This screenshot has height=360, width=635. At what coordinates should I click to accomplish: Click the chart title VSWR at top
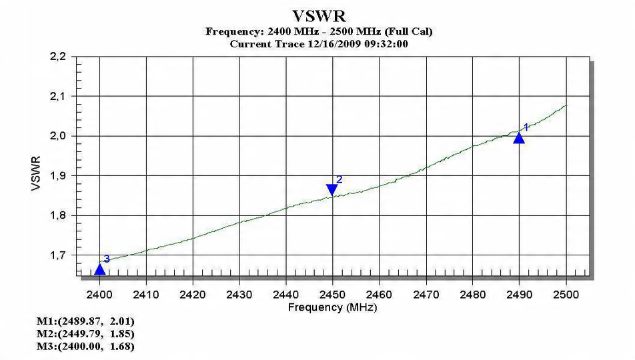[319, 16]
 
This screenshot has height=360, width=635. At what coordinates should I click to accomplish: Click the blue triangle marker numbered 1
[519, 137]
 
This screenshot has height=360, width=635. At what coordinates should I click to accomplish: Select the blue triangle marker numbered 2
[332, 190]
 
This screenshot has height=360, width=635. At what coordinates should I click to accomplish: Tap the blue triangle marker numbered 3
[100, 269]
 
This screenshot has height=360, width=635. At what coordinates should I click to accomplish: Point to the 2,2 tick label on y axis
[58, 57]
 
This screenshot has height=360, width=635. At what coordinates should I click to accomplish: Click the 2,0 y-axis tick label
[58, 136]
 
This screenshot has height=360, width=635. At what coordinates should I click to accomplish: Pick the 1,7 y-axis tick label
[58, 255]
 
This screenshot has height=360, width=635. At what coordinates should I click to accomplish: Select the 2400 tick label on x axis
[99, 294]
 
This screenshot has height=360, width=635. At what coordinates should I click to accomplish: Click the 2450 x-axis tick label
[332, 294]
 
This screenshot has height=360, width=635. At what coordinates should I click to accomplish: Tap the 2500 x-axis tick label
[566, 294]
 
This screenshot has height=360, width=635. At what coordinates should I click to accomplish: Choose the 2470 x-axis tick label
[426, 294]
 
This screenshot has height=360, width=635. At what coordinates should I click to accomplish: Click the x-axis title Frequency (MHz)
[332, 307]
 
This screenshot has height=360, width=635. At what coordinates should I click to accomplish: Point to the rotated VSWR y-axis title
[37, 175]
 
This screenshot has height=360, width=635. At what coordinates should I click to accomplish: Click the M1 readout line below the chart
[80, 322]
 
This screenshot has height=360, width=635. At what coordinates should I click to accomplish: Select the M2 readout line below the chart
[80, 333]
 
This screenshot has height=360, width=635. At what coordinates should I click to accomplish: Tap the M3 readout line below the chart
[80, 345]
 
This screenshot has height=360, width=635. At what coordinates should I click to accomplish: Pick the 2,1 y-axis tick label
[58, 97]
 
